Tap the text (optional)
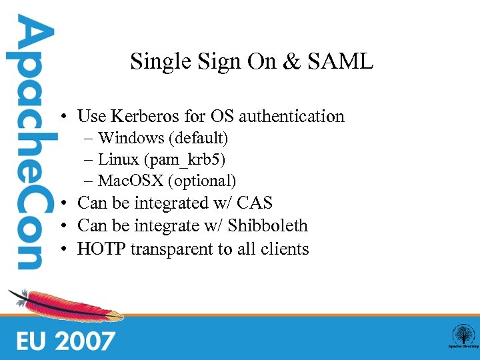click(203, 181)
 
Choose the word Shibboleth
click(267, 226)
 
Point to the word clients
click(285, 249)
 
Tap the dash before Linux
click(89, 160)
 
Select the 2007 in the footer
click(85, 341)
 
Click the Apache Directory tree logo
click(463, 335)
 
